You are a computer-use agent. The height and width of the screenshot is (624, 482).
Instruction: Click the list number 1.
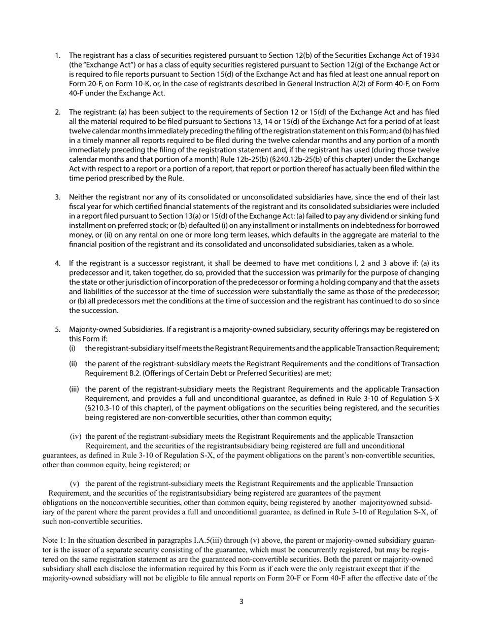click(57, 55)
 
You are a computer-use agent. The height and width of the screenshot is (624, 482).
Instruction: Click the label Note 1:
click(54, 541)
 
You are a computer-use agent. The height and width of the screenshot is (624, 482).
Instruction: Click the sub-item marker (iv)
click(76, 436)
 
